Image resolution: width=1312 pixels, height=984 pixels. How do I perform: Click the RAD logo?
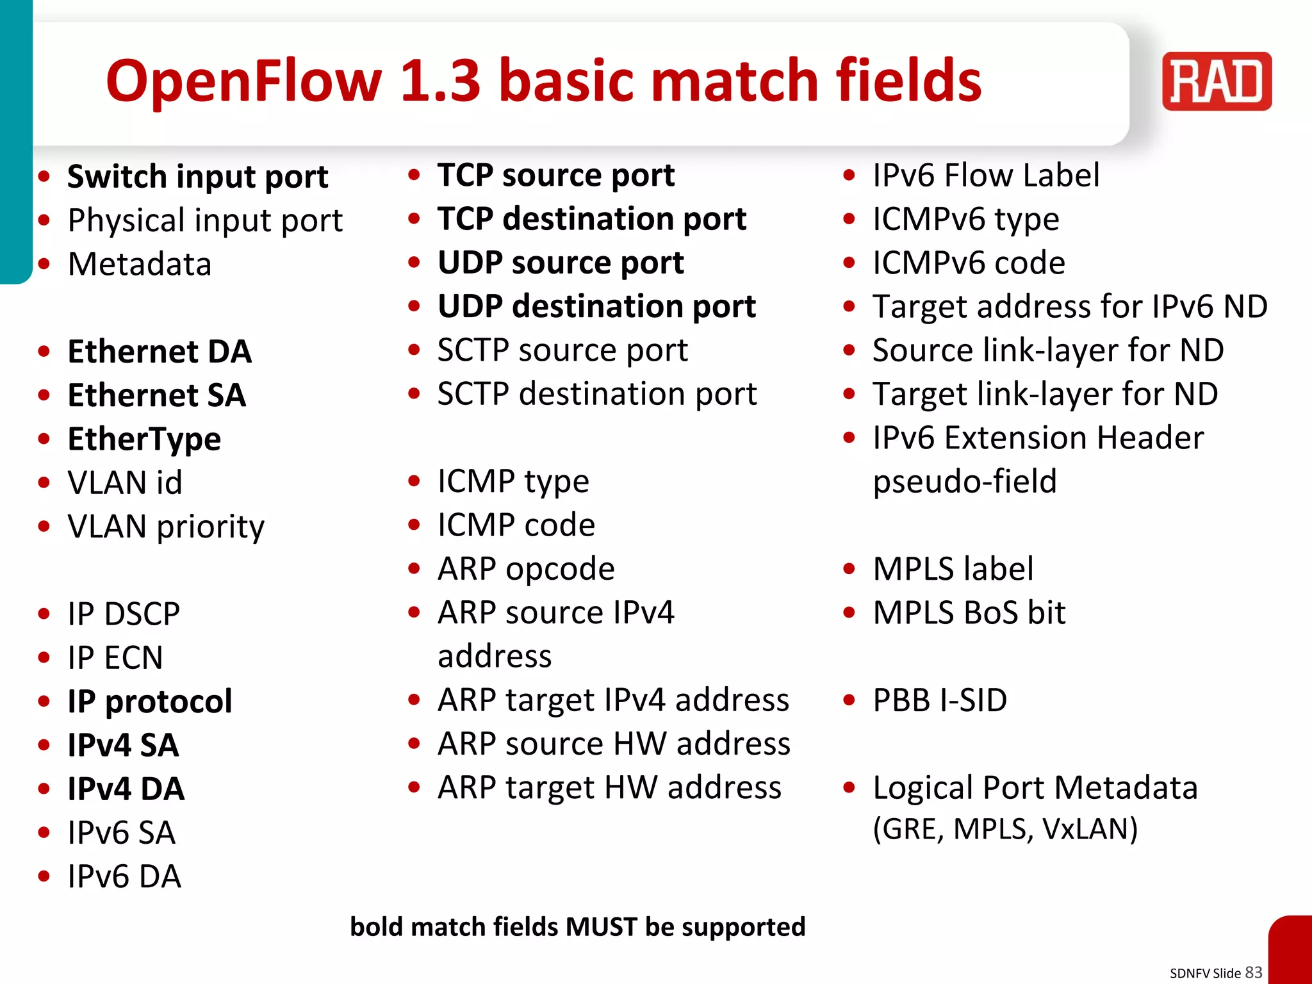coord(1216,81)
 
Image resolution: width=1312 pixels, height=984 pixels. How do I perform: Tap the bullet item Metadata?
coord(140,264)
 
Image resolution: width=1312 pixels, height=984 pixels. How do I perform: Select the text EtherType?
coord(144,439)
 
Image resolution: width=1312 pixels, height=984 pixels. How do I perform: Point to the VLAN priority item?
coord(166,527)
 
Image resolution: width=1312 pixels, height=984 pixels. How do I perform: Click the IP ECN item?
coord(115,658)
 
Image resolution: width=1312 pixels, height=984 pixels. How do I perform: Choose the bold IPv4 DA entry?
coord(126,789)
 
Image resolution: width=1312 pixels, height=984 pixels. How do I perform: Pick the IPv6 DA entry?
coord(124,876)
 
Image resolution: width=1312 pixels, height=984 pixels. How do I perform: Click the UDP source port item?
coord(561,263)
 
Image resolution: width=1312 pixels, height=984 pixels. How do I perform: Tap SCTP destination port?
coord(596,394)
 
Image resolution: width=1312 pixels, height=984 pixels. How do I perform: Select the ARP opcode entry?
coord(526,569)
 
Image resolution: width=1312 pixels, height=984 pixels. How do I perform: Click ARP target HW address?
coord(609,787)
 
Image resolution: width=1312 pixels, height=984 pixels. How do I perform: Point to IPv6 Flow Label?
coord(985,176)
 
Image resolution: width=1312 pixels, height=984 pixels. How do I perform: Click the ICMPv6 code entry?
coord(969,263)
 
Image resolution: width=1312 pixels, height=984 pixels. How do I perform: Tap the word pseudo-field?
coord(964,481)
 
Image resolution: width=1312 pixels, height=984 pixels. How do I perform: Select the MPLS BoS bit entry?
coord(969,612)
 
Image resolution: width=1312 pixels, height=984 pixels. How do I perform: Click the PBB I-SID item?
coord(940,700)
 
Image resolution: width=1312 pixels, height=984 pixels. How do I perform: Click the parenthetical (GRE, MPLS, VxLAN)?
coord(1004,829)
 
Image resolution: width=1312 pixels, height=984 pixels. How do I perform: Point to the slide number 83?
coord(1253,972)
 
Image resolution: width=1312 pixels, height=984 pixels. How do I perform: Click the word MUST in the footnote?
coord(601,927)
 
